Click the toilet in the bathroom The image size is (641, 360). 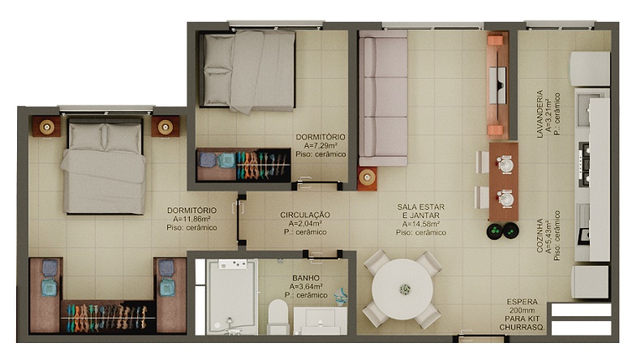[278, 317]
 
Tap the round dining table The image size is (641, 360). [402, 289]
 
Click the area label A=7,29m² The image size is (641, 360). [320, 145]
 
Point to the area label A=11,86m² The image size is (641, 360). [191, 219]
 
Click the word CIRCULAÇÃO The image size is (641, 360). [305, 215]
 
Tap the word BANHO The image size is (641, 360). [306, 278]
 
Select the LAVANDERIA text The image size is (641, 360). [540, 114]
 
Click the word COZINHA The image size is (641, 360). [540, 235]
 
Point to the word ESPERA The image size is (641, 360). [522, 302]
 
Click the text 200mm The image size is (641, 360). [522, 311]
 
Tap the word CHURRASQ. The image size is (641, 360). [522, 328]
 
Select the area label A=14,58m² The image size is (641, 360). [421, 224]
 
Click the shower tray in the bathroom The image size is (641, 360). [232, 297]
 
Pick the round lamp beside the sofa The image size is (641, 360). [367, 178]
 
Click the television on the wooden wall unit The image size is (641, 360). [498, 85]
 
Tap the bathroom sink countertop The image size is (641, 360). [320, 321]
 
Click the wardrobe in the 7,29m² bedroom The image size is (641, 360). [243, 165]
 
